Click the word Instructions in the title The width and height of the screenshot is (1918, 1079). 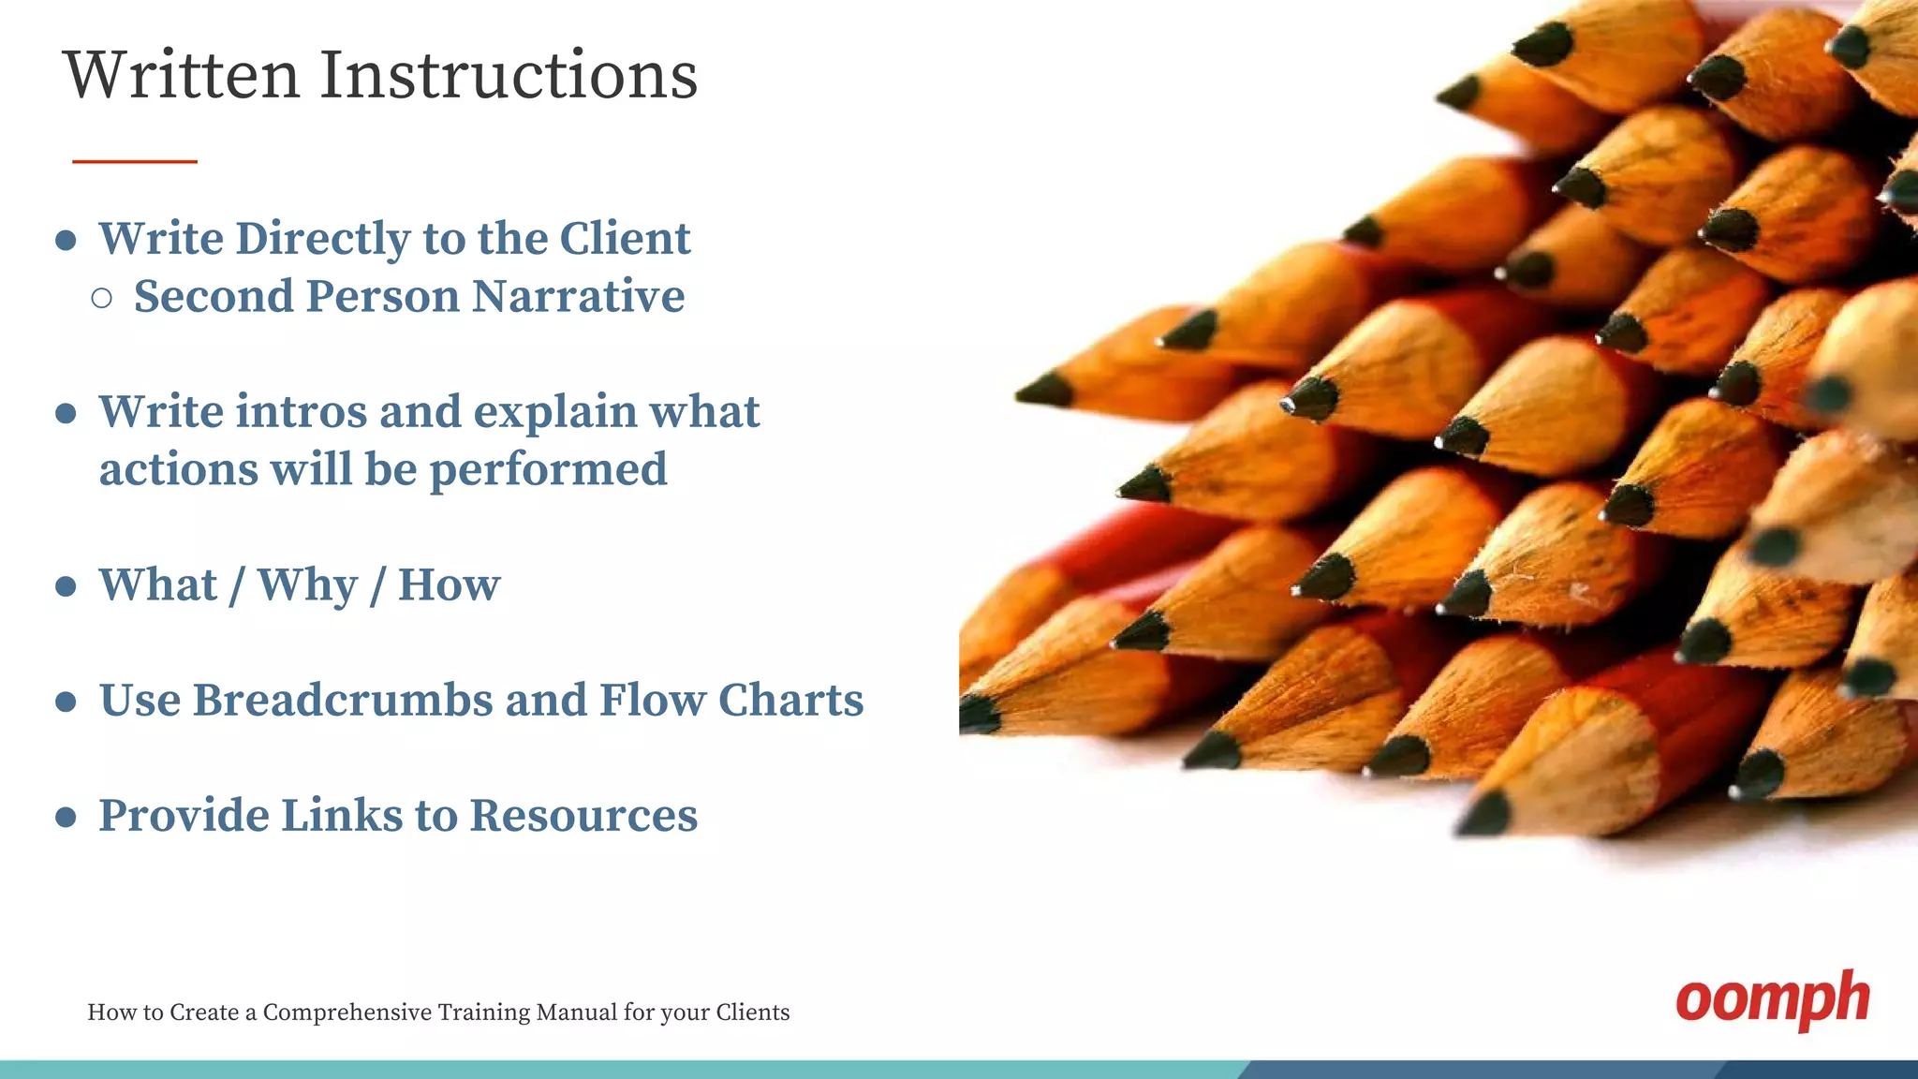pos(509,75)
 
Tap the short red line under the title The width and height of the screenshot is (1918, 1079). pos(135,162)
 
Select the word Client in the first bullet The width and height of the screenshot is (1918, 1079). pos(625,238)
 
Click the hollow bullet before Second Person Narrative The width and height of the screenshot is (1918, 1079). pos(102,299)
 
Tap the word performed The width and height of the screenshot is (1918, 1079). pos(548,470)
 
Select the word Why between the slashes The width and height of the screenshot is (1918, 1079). pos(307,585)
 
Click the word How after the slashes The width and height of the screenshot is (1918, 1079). pos(449,585)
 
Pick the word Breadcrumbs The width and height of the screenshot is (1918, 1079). pos(343,701)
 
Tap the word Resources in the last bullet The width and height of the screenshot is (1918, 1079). pos(583,816)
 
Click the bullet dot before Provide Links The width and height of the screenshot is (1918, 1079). pos(66,818)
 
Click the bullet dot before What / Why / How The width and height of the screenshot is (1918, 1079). pos(66,587)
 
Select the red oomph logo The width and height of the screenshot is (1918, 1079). pos(1772,1000)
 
